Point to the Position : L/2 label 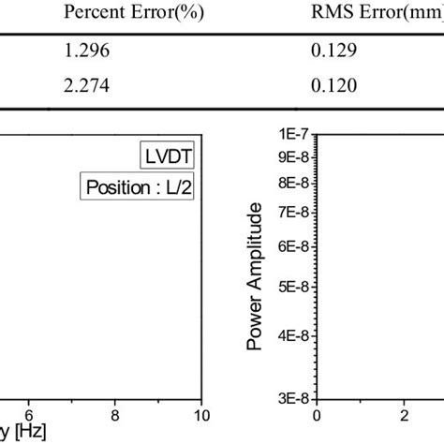(137, 186)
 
